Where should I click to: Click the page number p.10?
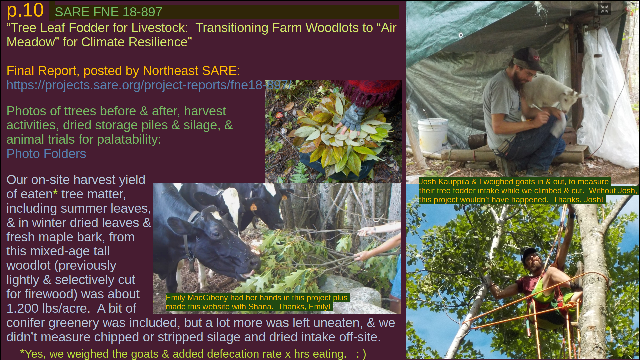coord(25,10)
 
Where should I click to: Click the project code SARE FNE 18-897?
coord(108,12)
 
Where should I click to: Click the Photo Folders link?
coord(46,154)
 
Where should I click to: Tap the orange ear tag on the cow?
coord(253,207)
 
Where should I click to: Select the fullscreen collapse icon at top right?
coord(604,9)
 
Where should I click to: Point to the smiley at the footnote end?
coord(361,354)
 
